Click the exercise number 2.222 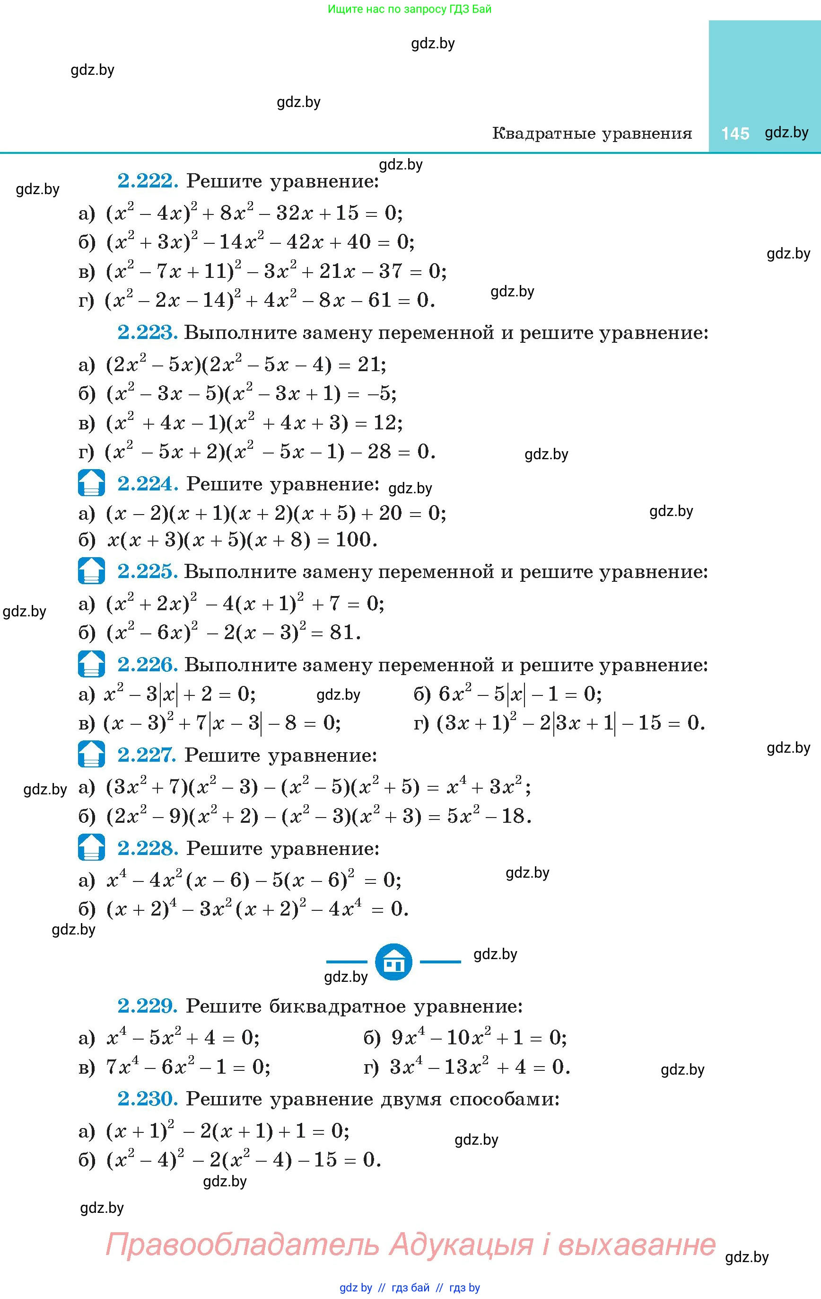tap(147, 181)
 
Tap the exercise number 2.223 tap(147, 332)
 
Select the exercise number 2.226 tap(147, 665)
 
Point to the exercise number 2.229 tap(147, 1005)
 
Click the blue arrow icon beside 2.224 tap(91, 483)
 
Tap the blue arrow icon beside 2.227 tap(91, 754)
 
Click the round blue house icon tap(393, 962)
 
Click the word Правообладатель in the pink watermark tap(242, 1245)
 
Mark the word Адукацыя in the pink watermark tap(461, 1245)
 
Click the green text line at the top tap(410, 9)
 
